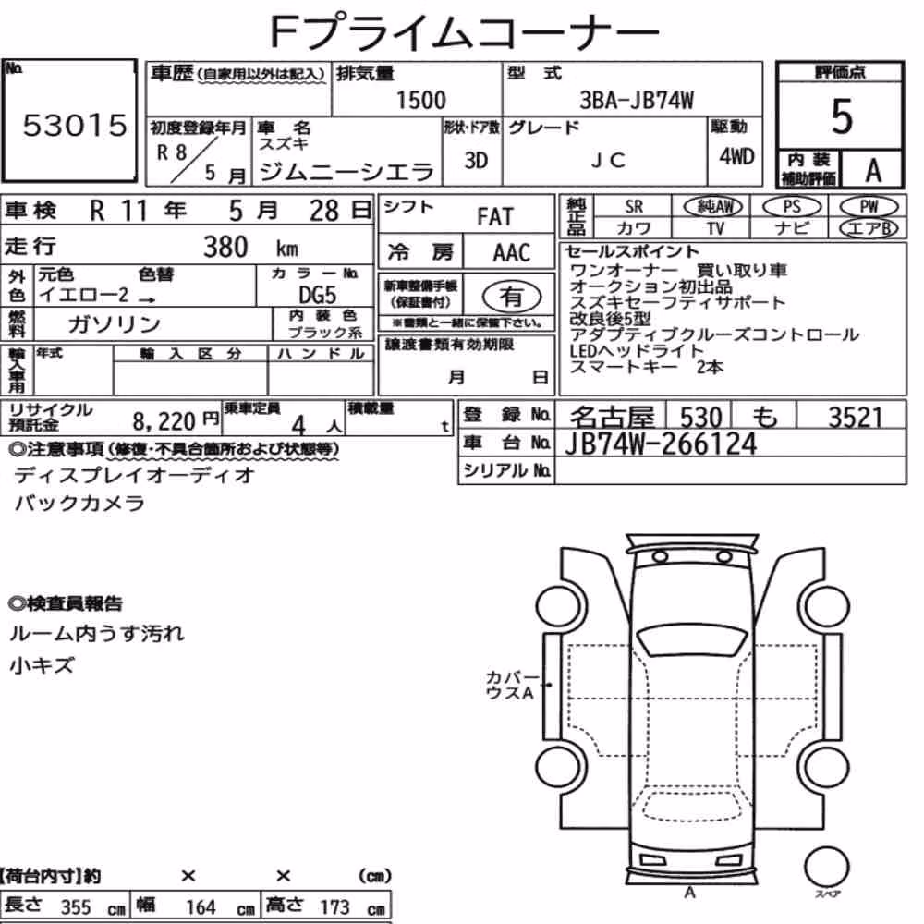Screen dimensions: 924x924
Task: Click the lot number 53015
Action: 75,125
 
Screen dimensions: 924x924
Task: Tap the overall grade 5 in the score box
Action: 842,116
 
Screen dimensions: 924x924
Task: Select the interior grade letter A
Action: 873,171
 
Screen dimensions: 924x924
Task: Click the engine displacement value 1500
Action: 420,100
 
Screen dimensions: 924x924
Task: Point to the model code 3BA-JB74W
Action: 637,100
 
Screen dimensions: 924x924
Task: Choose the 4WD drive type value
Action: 736,157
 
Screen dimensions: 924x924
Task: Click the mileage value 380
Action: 225,247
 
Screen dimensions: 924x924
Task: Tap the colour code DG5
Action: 317,295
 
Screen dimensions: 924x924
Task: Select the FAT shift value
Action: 495,217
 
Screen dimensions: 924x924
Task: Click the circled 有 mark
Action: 512,296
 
